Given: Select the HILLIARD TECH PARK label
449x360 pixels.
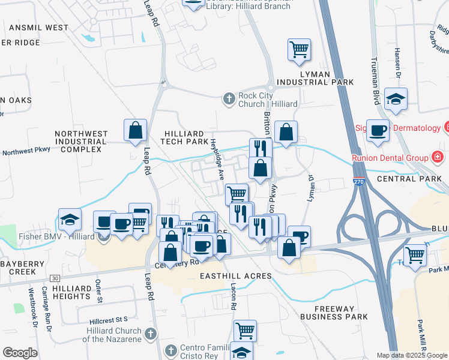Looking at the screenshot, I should (185, 137).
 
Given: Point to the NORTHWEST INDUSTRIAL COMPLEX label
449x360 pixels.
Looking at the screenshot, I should (81, 142).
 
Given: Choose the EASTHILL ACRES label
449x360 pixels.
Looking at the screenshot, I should (235, 276).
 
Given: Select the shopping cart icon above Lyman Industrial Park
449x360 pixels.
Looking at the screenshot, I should (299, 49).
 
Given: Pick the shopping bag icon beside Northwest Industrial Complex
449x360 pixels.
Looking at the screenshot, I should (136, 130).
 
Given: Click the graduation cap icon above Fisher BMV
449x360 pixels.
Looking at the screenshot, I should (70, 219).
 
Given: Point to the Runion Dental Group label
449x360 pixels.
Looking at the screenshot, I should (390, 158).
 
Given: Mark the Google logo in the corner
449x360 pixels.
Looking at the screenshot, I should (20, 353).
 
